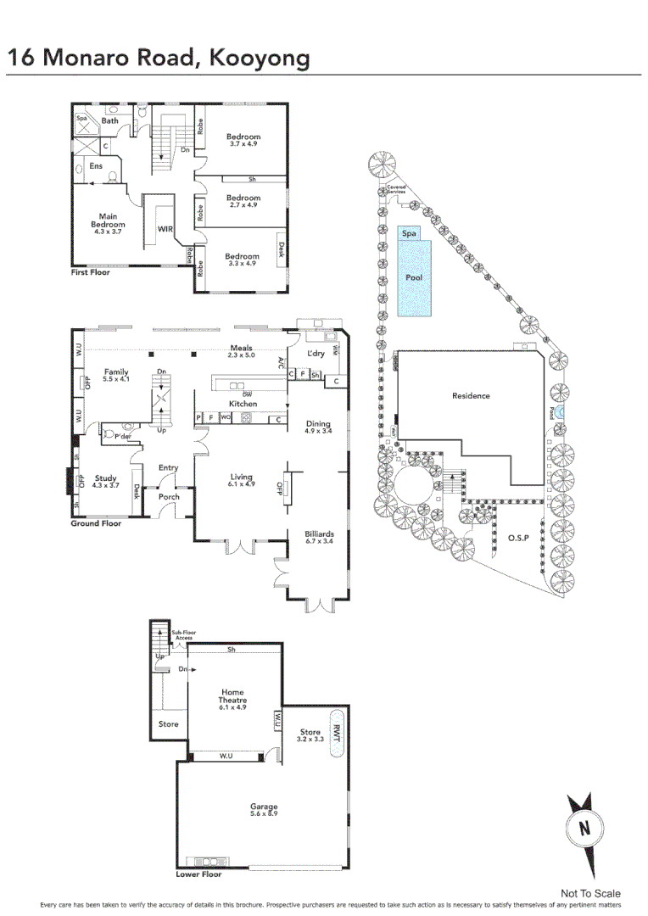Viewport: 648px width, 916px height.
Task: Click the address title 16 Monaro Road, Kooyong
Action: [x=159, y=58]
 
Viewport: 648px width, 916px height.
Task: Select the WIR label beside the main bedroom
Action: [x=165, y=229]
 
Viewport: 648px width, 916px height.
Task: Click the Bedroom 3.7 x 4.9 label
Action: [x=243, y=140]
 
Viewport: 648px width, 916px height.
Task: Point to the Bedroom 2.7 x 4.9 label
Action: [x=243, y=200]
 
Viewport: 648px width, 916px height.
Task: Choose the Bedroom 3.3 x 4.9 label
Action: [x=242, y=260]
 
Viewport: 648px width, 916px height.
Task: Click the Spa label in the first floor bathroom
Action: [x=82, y=120]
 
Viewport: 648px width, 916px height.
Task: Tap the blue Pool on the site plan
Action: [x=414, y=277]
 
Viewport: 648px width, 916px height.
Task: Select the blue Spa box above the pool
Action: [x=409, y=232]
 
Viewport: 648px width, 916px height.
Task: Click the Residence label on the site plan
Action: [x=471, y=395]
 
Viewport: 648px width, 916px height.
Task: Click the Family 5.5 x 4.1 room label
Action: [x=116, y=376]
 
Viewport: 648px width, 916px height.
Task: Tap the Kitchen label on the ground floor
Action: [x=243, y=404]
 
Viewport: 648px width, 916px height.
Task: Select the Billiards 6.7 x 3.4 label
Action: [x=319, y=539]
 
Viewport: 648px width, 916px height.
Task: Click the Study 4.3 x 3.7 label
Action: [x=106, y=482]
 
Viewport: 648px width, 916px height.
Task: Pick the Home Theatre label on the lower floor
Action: [x=232, y=699]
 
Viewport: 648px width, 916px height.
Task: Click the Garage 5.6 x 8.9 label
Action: [x=264, y=810]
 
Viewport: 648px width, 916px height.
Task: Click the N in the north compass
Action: [x=584, y=828]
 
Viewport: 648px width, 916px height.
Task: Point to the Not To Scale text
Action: [x=590, y=893]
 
